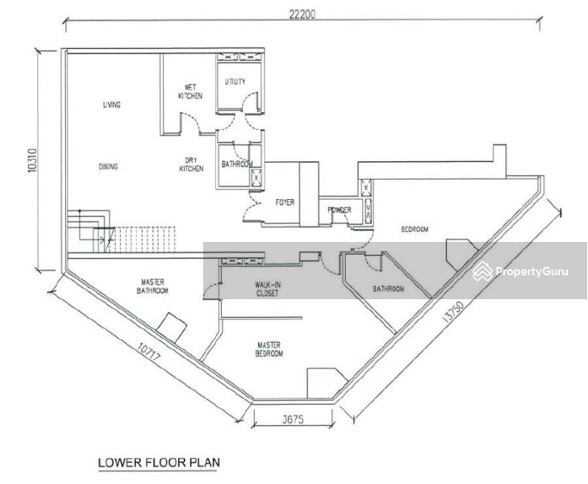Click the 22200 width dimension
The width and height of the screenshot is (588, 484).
tap(302, 15)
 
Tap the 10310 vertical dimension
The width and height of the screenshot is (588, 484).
tap(33, 161)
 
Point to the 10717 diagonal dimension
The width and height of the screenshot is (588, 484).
tap(148, 352)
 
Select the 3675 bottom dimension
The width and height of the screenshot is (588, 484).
tap(293, 419)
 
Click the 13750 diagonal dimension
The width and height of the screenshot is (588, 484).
tap(453, 311)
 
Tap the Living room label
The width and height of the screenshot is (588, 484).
tap(112, 105)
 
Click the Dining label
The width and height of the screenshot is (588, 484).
tap(108, 166)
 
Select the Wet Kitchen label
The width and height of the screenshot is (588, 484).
tap(190, 91)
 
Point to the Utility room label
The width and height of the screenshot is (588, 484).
tap(236, 81)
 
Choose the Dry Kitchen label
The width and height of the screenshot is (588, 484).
tap(191, 165)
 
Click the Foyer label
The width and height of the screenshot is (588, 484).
tap(285, 202)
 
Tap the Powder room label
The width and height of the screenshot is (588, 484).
tap(340, 210)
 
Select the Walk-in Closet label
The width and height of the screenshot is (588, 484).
tap(268, 289)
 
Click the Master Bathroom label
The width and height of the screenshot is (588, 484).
tap(152, 286)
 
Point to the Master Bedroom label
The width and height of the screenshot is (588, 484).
tap(269, 349)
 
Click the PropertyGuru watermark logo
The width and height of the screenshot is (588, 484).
tap(520, 271)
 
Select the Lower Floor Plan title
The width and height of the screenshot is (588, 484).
tap(159, 463)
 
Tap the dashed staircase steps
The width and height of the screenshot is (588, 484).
tap(144, 240)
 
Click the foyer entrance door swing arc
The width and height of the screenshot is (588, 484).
tap(251, 207)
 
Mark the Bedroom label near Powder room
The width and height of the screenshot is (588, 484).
tap(415, 229)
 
